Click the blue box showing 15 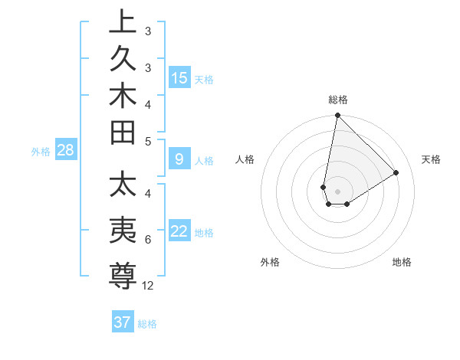(x=179, y=77)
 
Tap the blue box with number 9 (x=179, y=160)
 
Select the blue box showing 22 (x=179, y=231)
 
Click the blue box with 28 (x=65, y=151)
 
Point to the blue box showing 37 (x=123, y=322)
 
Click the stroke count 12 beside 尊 (x=148, y=286)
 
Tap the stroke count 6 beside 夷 (x=148, y=241)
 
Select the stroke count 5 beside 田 (x=148, y=141)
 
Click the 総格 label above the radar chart (x=338, y=100)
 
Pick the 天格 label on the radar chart (x=431, y=159)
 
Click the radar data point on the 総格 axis (x=337, y=116)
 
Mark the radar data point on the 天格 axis (x=396, y=172)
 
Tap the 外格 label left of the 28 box (x=41, y=152)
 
